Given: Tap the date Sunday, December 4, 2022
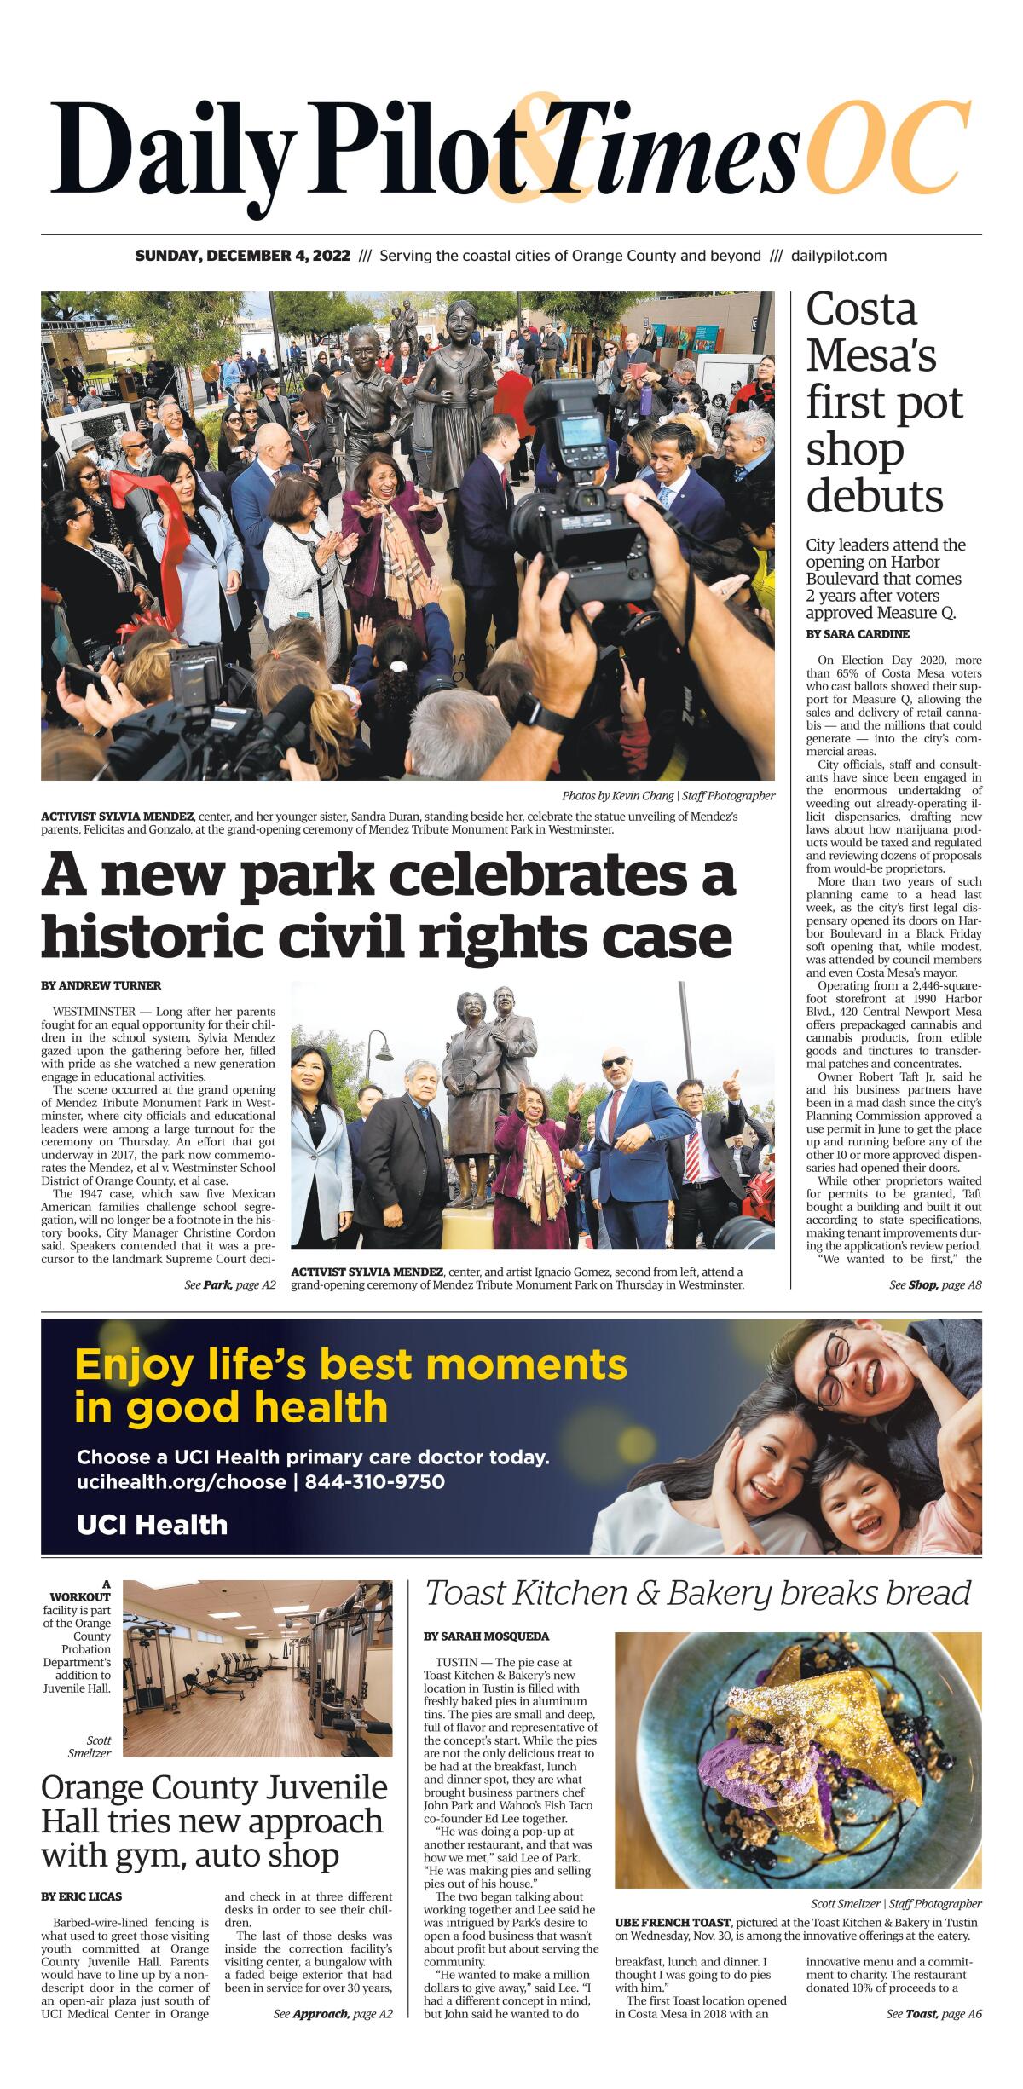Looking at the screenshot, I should click(242, 256).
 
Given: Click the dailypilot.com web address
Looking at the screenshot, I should click(839, 256).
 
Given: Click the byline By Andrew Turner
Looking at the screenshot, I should click(101, 985).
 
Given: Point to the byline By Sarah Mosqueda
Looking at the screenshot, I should click(486, 1636).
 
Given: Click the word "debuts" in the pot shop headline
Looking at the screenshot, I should click(875, 496).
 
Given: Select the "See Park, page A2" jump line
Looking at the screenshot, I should click(230, 1284).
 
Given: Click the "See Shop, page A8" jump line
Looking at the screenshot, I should click(935, 1284).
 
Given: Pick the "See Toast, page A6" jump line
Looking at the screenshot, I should click(933, 2038).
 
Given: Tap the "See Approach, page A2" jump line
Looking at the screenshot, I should click(332, 2038).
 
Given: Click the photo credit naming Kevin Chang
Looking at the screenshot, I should click(668, 796).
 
